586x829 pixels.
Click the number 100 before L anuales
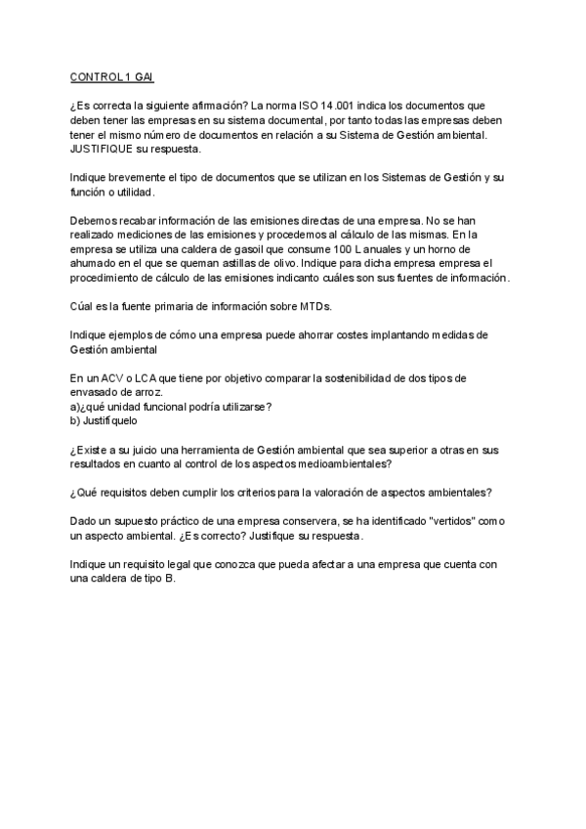click(x=365, y=249)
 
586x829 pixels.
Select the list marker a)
click(x=76, y=407)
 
